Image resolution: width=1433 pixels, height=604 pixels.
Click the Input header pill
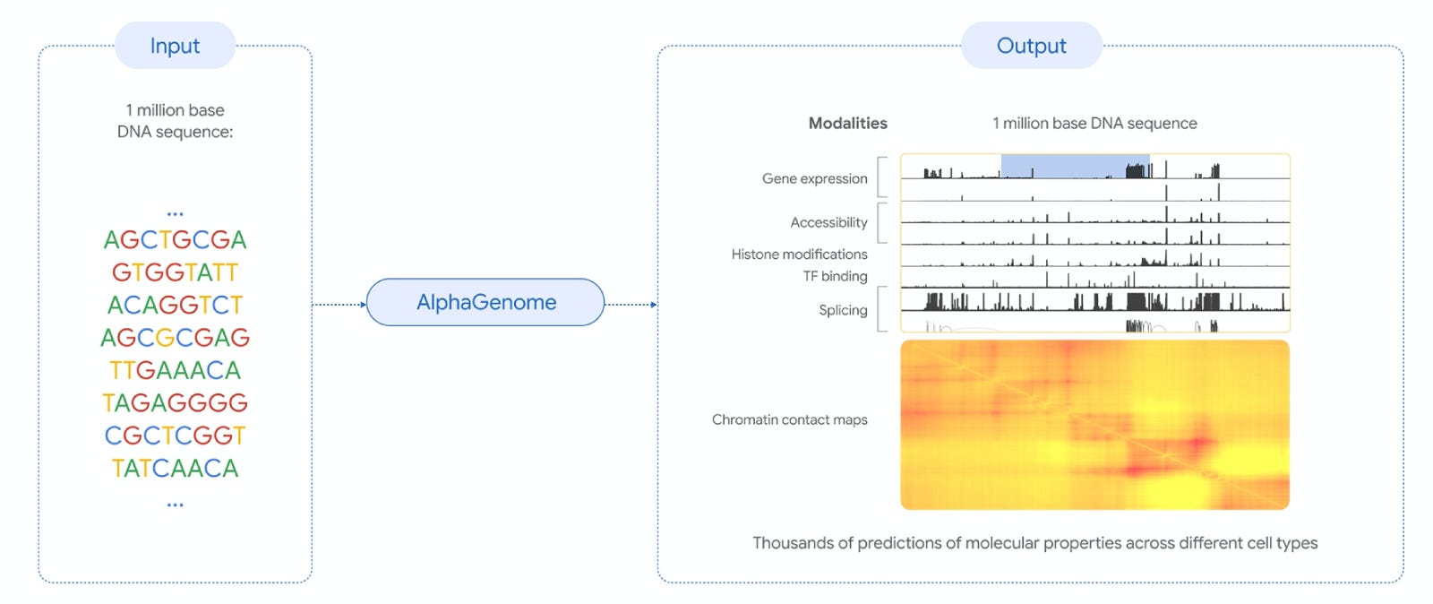[x=175, y=46]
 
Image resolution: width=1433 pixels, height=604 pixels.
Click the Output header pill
[x=1031, y=46]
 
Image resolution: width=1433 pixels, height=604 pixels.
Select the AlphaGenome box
[x=485, y=303]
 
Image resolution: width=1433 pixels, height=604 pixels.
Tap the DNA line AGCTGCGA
[x=175, y=240]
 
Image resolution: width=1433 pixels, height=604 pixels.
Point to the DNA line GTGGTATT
[x=175, y=272]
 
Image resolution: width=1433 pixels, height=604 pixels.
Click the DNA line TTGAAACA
[x=175, y=370]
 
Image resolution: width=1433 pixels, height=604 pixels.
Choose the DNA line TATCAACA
[x=175, y=469]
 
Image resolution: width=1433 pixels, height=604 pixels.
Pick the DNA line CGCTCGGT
[x=175, y=436]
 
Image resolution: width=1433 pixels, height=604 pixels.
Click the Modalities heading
[x=847, y=124]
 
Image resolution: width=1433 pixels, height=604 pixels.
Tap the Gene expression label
[x=814, y=179]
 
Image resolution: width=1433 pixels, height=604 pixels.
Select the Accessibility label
[x=828, y=222]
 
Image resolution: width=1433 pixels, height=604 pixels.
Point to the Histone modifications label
[x=799, y=255]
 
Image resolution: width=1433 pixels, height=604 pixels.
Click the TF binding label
[x=835, y=276]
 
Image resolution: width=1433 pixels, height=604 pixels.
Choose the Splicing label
[x=843, y=310]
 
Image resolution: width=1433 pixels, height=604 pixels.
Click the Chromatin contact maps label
[x=789, y=419]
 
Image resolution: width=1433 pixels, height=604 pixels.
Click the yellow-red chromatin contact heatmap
[x=1094, y=425]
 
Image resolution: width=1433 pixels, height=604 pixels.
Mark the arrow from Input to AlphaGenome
[x=339, y=305]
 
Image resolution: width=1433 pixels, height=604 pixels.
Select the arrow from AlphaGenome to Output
[x=631, y=305]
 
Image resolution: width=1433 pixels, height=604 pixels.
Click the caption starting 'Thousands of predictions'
[x=1034, y=543]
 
